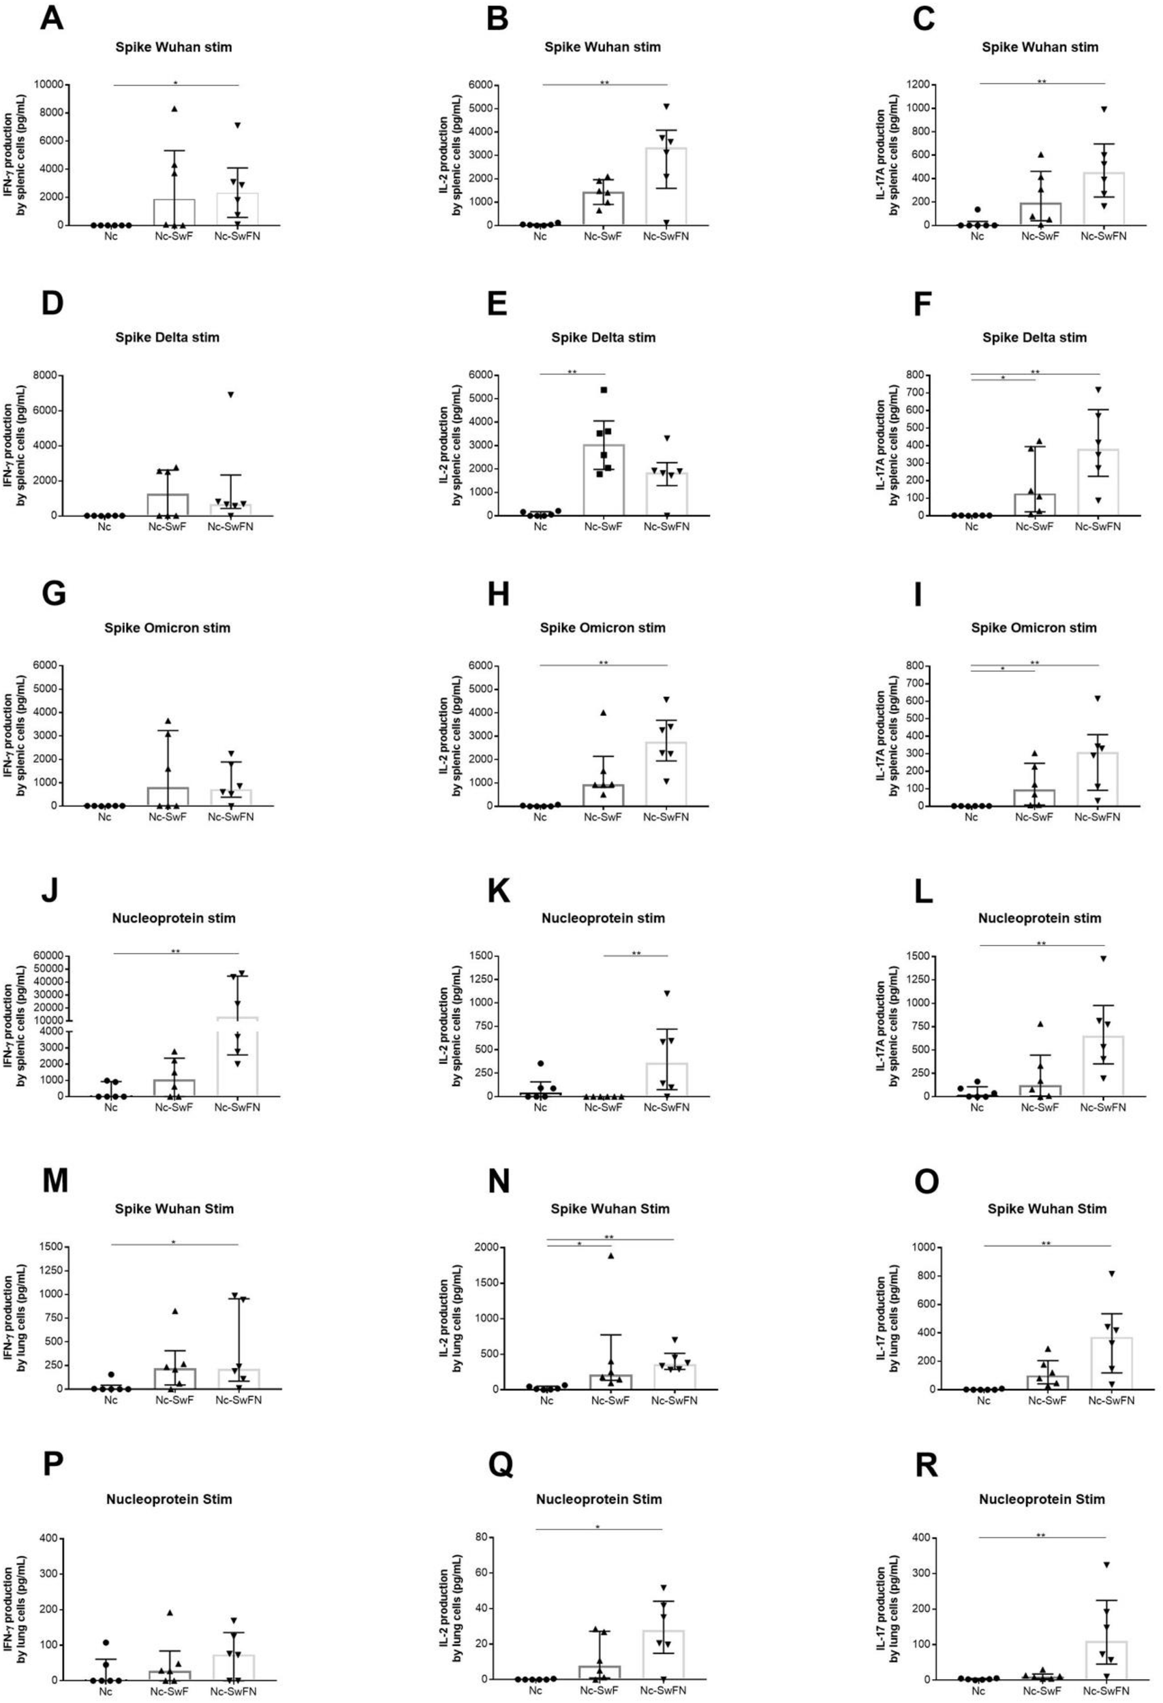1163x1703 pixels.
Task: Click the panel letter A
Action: [x=51, y=18]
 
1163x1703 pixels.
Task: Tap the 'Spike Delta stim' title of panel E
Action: [x=603, y=338]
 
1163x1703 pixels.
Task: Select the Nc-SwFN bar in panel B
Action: [x=666, y=187]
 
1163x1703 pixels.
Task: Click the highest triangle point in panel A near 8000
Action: [x=174, y=109]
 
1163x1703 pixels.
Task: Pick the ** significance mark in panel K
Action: [x=636, y=954]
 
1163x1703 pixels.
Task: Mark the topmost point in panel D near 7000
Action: [x=230, y=395]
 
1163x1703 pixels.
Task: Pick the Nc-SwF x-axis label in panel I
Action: [x=1036, y=817]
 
